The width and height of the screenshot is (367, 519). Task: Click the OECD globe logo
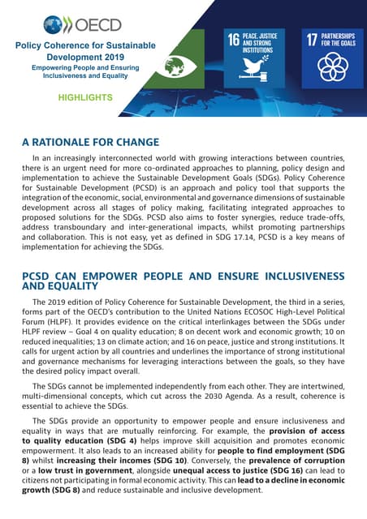click(x=57, y=24)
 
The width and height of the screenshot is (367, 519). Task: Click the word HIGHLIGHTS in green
click(x=85, y=97)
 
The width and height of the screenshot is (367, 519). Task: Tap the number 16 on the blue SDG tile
click(x=233, y=39)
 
